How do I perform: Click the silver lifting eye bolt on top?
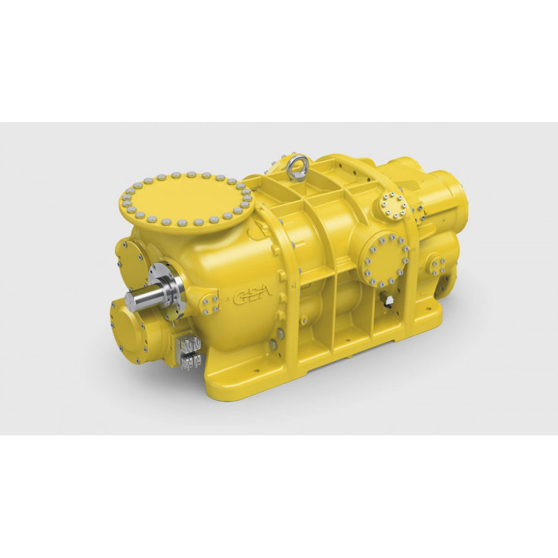pyautogui.click(x=298, y=163)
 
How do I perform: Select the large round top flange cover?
pyautogui.click(x=186, y=198)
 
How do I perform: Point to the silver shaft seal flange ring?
pyautogui.click(x=167, y=287)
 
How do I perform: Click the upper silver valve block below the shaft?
pyautogui.click(x=189, y=344)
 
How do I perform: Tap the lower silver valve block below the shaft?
pyautogui.click(x=191, y=362)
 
